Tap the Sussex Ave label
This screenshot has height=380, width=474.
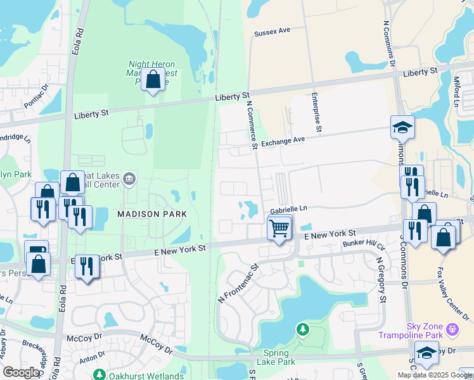click(x=271, y=31)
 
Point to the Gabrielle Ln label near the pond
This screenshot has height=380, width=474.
click(x=288, y=208)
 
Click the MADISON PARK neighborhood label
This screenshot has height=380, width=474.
click(x=152, y=214)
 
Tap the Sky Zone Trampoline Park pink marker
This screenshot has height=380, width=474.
click(x=452, y=329)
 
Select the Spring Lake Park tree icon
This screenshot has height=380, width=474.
click(x=303, y=329)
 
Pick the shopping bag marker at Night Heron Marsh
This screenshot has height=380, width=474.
click(x=153, y=80)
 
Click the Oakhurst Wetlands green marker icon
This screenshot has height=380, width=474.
click(x=99, y=374)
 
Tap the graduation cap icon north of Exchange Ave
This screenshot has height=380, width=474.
click(x=402, y=129)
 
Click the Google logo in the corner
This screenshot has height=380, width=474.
click(x=22, y=372)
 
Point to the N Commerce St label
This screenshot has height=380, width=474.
click(x=251, y=127)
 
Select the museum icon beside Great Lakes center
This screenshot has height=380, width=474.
click(x=129, y=179)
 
